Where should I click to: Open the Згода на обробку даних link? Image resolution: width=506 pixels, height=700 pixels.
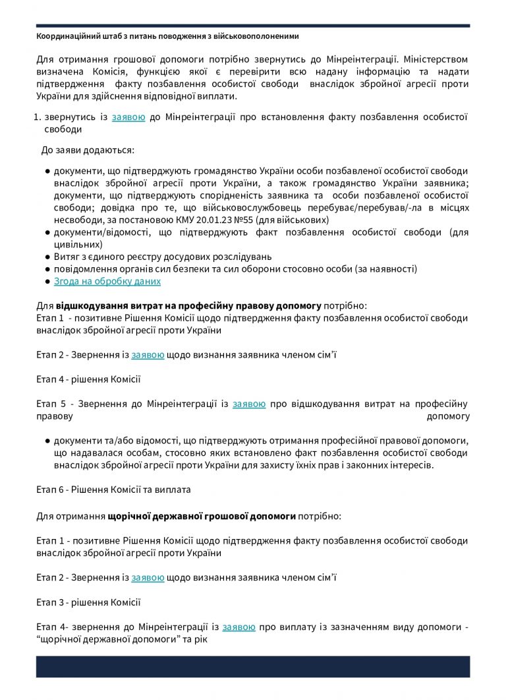tap(107, 281)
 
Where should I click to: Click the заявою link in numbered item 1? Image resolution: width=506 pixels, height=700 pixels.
tap(128, 117)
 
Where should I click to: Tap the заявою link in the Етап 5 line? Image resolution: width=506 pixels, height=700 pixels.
tap(249, 404)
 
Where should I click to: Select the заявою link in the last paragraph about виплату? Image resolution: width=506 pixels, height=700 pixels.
tap(239, 627)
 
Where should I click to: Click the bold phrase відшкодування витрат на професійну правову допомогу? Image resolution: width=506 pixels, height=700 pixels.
tap(188, 306)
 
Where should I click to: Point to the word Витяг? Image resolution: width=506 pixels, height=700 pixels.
tap(67, 257)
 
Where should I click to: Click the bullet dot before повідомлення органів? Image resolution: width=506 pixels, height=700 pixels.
tap(48, 269)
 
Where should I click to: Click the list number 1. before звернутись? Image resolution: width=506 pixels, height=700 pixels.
tap(38, 117)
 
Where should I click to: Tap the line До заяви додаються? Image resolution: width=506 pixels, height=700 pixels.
tap(88, 150)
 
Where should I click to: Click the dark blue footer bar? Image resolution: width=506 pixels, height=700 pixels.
tap(253, 666)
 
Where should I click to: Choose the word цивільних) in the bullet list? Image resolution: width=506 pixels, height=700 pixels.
tap(76, 244)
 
